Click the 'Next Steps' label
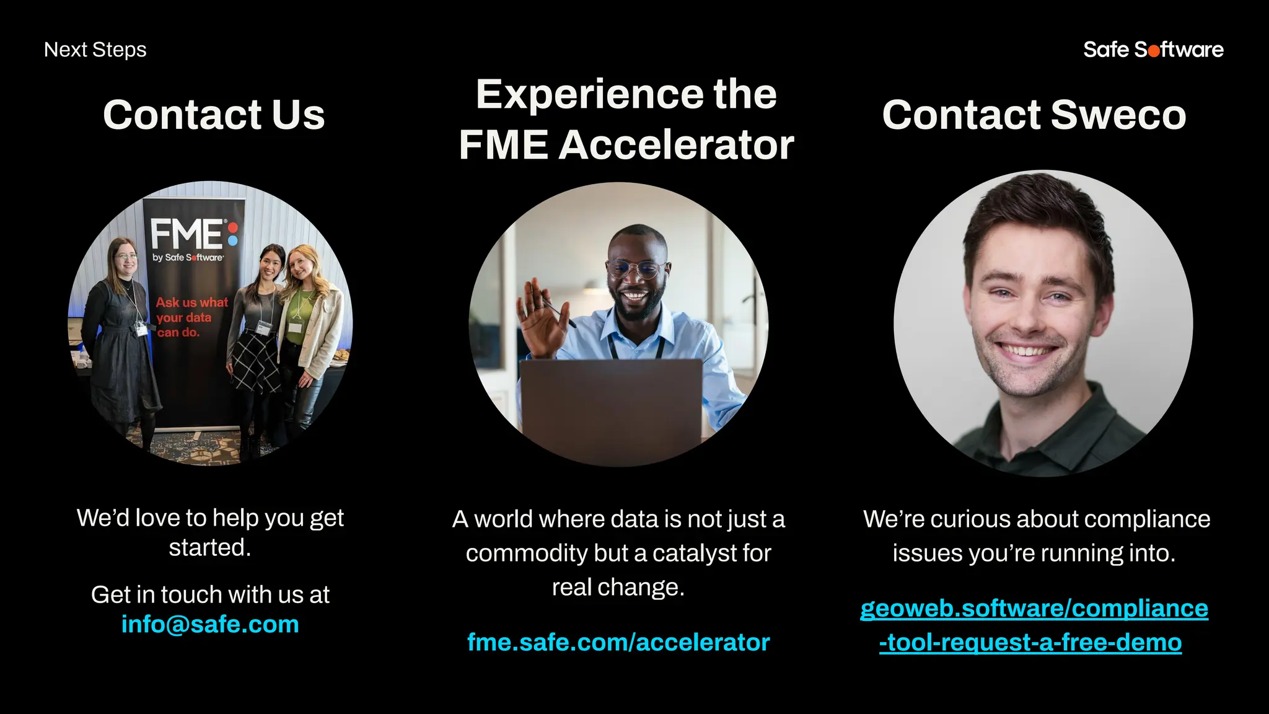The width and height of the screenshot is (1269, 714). click(95, 50)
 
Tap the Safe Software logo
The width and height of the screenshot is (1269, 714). click(1153, 50)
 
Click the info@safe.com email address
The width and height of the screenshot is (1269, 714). click(210, 624)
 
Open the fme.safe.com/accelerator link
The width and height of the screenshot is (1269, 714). click(618, 642)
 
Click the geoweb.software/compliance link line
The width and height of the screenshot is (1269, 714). click(1034, 608)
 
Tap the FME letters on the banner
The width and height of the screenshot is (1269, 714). click(186, 234)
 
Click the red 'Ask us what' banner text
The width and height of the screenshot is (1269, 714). click(191, 302)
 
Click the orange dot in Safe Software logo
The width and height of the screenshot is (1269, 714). click(1154, 51)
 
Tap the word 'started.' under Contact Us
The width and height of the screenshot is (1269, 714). click(210, 547)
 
